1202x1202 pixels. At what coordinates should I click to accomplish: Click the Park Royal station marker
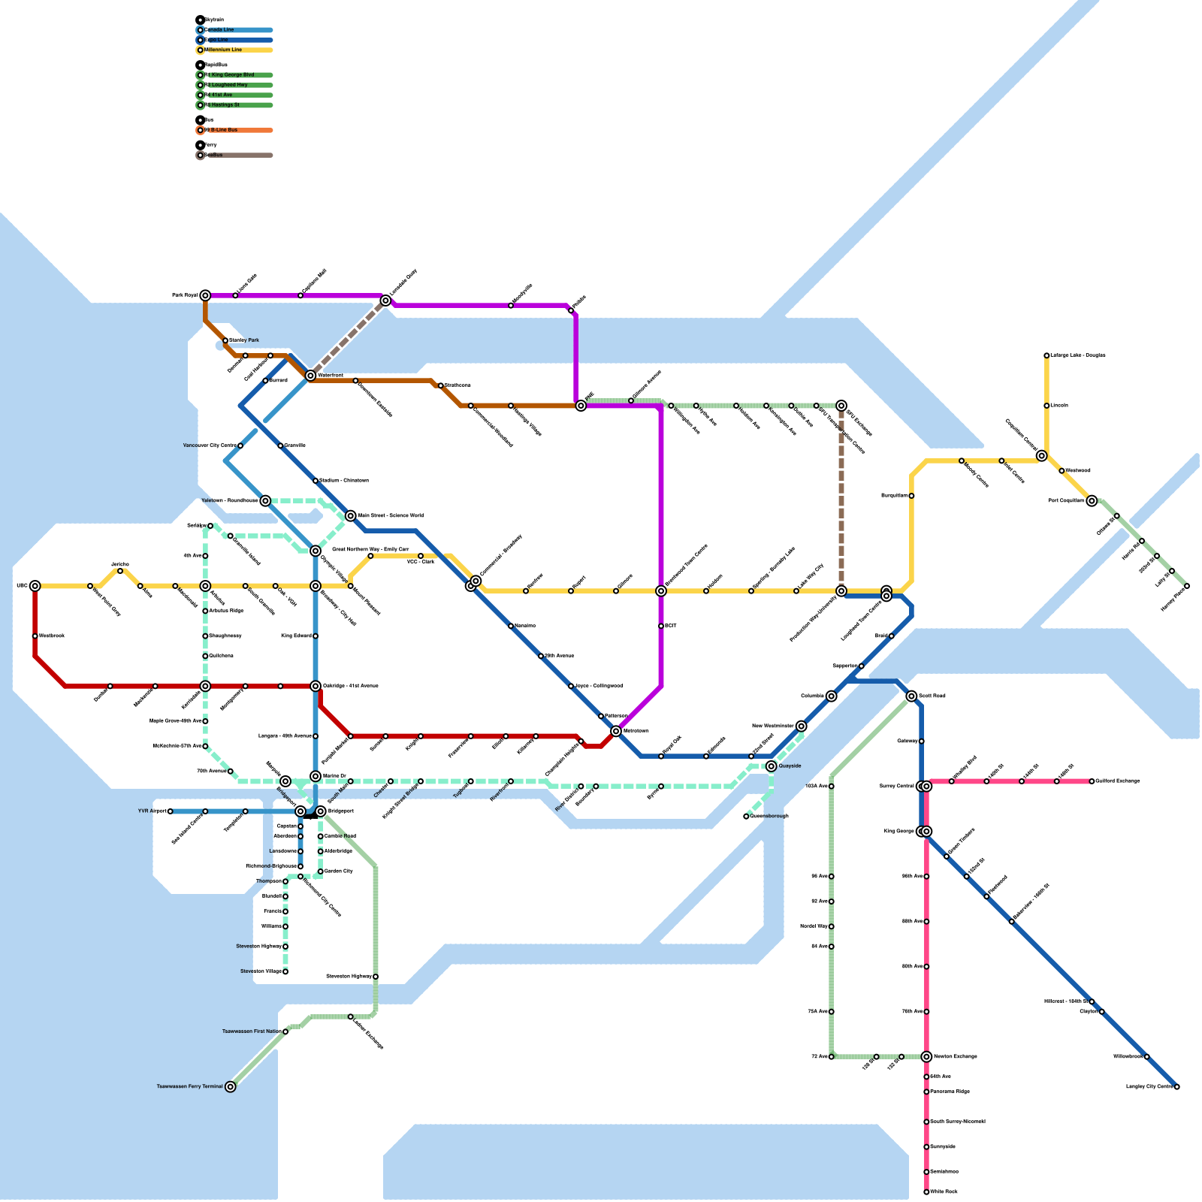click(x=205, y=295)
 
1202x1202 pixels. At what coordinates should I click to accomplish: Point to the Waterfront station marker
click(x=310, y=376)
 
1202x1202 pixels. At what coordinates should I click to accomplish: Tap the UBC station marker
click(x=35, y=586)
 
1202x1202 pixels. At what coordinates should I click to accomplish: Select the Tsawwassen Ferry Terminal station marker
click(x=231, y=1086)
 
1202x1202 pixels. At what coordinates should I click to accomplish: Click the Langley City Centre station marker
click(x=1176, y=1086)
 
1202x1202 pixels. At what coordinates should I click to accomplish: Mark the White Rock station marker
click(x=926, y=1191)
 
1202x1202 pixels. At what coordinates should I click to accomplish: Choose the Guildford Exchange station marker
click(x=1092, y=781)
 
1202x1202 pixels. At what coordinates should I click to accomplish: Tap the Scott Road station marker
click(x=911, y=696)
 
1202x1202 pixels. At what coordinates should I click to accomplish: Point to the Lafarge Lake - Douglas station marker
click(x=1046, y=355)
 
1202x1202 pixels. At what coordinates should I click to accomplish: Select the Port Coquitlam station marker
click(x=1092, y=501)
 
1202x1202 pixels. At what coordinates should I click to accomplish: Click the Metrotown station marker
click(x=616, y=731)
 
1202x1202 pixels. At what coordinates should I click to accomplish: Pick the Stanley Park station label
click(x=244, y=340)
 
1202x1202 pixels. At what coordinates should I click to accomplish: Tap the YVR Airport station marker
click(x=171, y=811)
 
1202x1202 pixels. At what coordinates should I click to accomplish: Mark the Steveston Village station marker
click(x=285, y=971)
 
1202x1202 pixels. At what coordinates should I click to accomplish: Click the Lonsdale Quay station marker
click(x=385, y=300)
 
